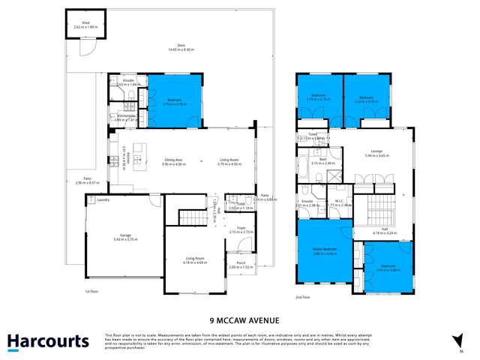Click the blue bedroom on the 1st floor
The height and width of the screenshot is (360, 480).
tap(174, 100)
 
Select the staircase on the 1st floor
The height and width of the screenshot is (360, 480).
tap(192, 217)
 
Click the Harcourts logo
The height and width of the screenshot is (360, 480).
tap(48, 341)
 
